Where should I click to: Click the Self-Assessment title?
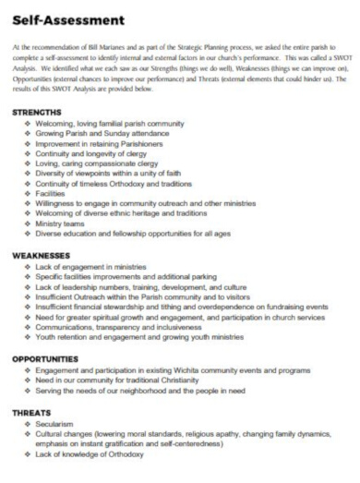[x=61, y=18]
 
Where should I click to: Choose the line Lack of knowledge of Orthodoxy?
[x=90, y=455]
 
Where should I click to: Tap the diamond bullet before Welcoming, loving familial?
[x=30, y=121]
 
